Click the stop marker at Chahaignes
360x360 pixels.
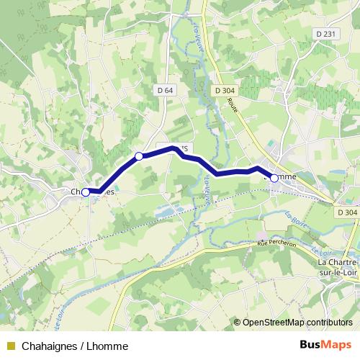point(86,192)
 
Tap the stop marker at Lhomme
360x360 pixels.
point(274,177)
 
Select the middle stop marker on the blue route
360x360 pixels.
point(140,156)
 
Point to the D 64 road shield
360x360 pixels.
point(164,90)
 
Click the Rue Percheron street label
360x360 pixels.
point(278,245)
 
